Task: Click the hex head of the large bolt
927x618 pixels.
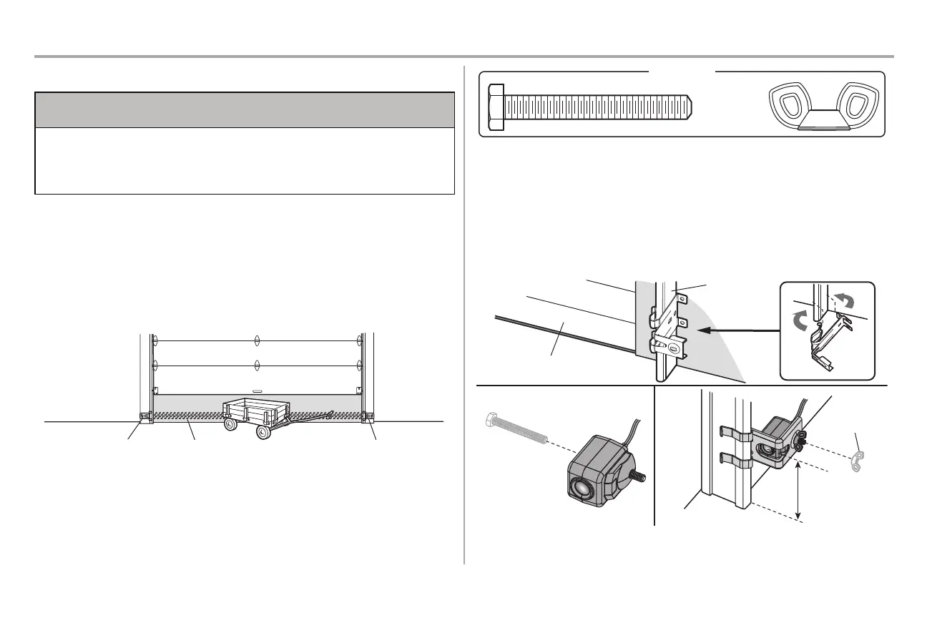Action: (x=495, y=107)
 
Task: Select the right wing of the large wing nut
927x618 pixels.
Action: (x=855, y=103)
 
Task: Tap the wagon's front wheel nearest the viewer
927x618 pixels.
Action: (x=263, y=432)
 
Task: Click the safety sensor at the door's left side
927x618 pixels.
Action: (x=144, y=416)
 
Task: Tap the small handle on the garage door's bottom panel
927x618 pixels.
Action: (x=256, y=392)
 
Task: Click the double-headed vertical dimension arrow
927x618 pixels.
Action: (x=798, y=490)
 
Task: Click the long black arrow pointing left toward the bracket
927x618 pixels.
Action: (x=737, y=330)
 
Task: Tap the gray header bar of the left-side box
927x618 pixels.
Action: (x=245, y=109)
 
